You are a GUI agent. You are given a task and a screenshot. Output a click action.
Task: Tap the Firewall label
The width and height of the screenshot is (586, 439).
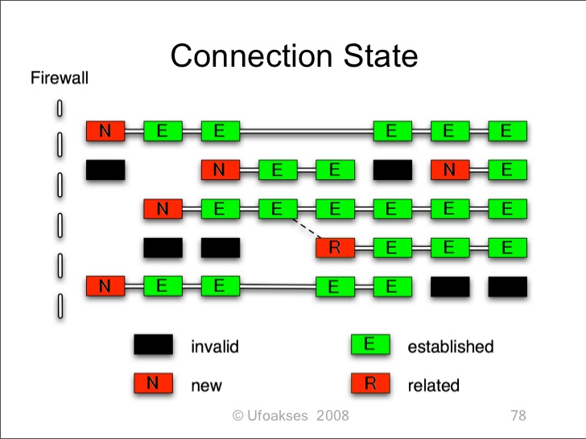tap(59, 78)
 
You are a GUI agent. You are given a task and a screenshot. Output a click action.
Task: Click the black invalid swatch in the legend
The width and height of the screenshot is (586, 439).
tap(153, 345)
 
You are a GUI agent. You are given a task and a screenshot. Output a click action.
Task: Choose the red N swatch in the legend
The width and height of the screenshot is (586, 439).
tap(153, 384)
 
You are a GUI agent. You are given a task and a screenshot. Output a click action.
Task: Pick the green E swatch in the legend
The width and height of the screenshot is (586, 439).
tap(370, 345)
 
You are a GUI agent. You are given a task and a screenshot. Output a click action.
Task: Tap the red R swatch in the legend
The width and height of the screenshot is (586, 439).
tap(370, 384)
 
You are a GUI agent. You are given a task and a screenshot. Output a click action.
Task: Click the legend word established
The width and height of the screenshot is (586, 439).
tap(450, 347)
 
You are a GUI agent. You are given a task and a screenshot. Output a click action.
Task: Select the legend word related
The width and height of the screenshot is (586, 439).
tap(433, 385)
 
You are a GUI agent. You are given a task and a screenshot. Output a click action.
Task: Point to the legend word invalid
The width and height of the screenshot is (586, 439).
tap(214, 347)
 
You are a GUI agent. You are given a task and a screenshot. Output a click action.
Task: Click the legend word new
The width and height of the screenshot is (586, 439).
tap(206, 386)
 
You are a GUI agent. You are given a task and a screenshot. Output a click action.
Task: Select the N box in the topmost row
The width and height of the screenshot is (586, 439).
tap(105, 131)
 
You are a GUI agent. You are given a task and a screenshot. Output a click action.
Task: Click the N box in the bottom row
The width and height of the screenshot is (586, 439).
tap(105, 285)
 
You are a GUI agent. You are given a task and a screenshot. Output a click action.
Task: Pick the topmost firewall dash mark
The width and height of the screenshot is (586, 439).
tap(60, 107)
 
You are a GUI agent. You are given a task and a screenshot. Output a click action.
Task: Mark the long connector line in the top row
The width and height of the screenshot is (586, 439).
tap(306, 131)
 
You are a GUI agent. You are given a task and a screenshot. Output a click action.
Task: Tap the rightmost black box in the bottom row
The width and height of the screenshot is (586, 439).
tap(507, 286)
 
